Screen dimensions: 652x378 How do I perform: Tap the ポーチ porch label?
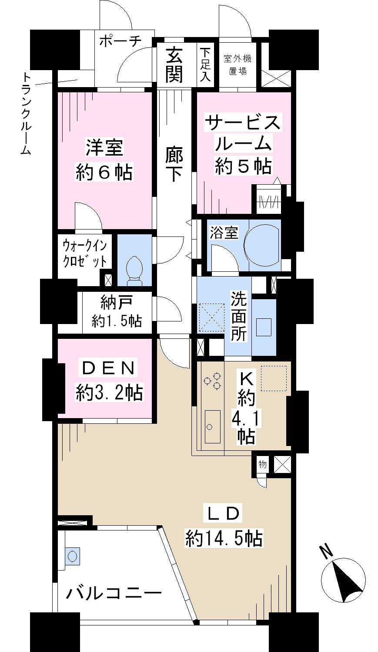tap(120, 42)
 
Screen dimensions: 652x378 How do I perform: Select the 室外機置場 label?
tap(238, 65)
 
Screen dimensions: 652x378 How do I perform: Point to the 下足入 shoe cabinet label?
tap(205, 65)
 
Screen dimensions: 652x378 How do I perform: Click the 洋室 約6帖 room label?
tap(104, 160)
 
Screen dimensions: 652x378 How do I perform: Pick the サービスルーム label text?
tap(243, 133)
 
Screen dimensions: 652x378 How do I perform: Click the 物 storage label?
tap(262, 464)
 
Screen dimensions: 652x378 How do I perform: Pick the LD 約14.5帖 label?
tap(223, 527)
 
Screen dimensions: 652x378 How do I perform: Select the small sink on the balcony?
tap(72, 556)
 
